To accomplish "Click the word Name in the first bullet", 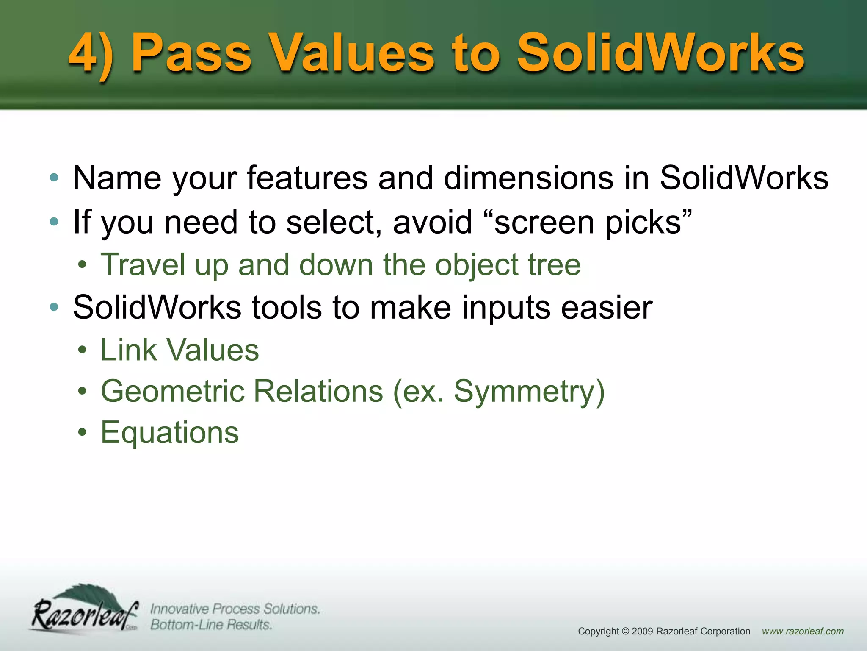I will (117, 178).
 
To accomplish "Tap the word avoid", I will (432, 222).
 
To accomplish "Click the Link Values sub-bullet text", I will (179, 351).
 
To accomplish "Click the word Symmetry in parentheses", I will (525, 391).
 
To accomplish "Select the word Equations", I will (170, 433).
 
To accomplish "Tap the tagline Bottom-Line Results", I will (211, 625).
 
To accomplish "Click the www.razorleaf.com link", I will (803, 631).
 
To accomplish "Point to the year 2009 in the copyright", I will (642, 631).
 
